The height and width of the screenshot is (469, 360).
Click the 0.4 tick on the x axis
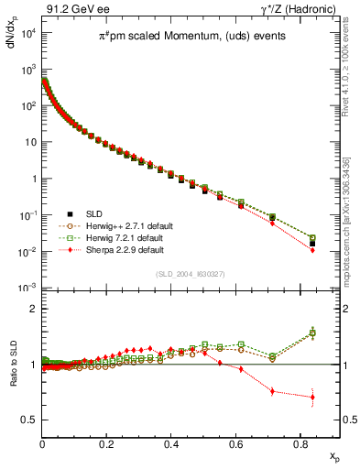171,444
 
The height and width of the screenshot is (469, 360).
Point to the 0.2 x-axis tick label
106,444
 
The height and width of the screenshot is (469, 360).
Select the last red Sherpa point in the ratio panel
312,398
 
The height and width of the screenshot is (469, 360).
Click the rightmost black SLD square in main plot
312,243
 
